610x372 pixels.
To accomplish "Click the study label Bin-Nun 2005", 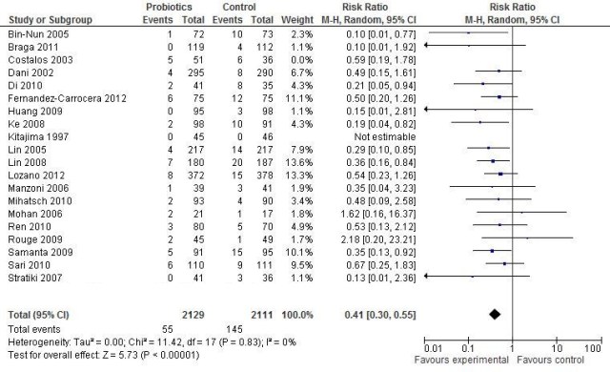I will (x=32, y=33).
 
